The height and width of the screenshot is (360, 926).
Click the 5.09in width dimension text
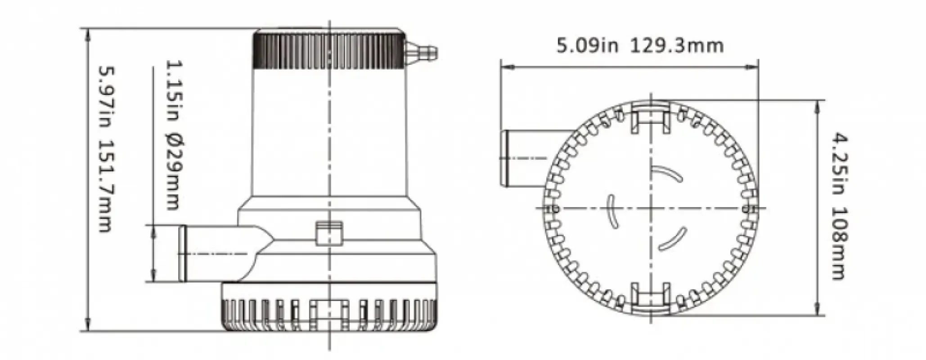pyautogui.click(x=587, y=46)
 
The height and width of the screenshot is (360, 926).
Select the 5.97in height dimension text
pyautogui.click(x=105, y=97)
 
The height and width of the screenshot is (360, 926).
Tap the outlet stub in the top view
pyautogui.click(x=522, y=158)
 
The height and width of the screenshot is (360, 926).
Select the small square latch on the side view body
pyautogui.click(x=328, y=233)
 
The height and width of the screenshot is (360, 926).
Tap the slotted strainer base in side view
pyautogui.click(x=328, y=315)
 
